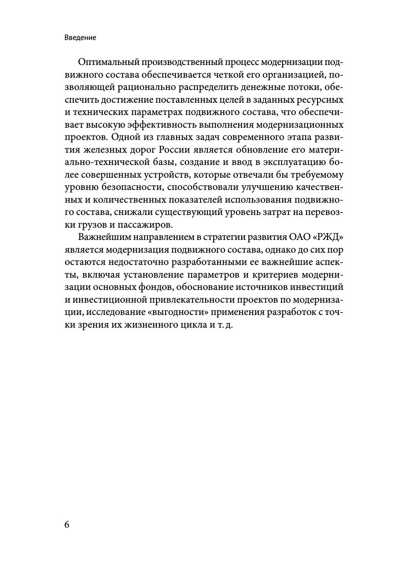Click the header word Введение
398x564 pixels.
pos(80,38)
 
